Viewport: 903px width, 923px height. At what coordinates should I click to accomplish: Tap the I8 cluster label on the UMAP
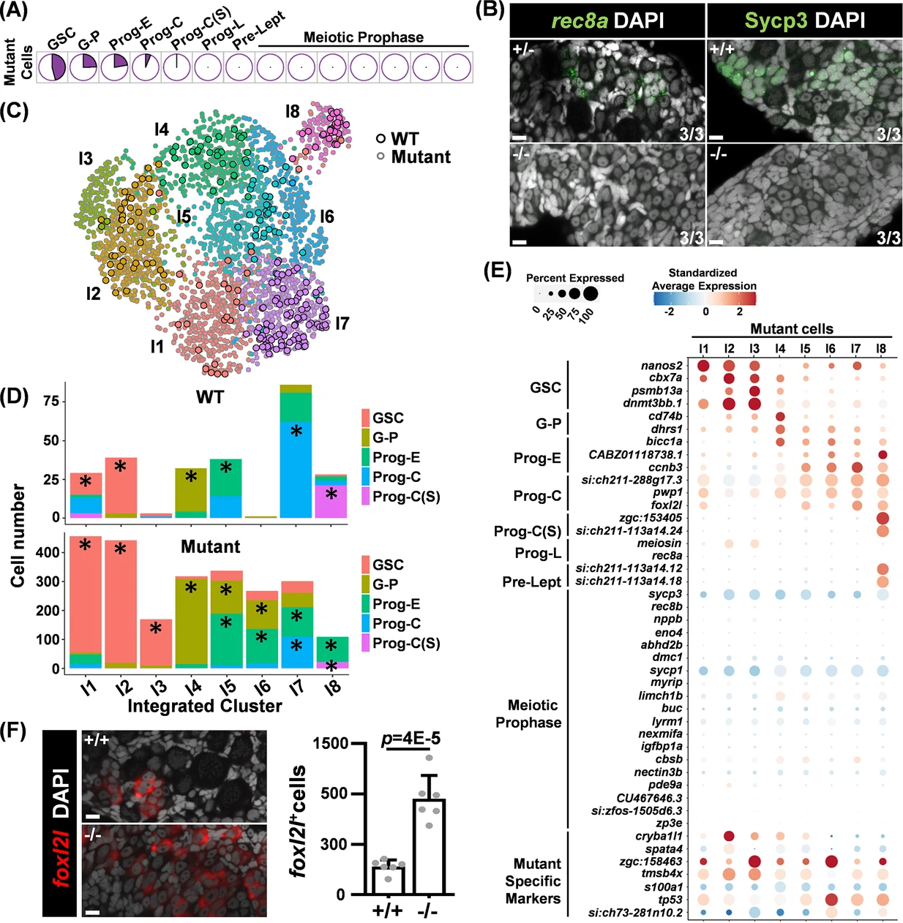[293, 111]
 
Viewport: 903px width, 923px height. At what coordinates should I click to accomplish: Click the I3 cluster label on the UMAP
[86, 158]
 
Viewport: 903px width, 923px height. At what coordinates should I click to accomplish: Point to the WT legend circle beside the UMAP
[381, 138]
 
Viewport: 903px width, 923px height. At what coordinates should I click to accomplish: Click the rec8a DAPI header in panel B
[607, 20]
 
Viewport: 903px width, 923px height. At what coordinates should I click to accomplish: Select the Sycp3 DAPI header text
[803, 20]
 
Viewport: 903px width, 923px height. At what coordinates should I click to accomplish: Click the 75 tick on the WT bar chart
[51, 401]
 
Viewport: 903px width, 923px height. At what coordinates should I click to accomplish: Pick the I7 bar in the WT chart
[296, 451]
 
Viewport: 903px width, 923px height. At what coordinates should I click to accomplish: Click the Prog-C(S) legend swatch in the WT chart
[366, 497]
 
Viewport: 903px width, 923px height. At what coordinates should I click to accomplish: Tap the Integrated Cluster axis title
[204, 706]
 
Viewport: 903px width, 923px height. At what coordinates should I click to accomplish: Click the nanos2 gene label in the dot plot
[662, 366]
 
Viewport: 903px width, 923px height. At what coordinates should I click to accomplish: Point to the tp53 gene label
[670, 900]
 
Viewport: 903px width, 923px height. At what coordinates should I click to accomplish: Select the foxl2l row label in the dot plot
[666, 505]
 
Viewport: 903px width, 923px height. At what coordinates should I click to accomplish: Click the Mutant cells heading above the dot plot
[792, 329]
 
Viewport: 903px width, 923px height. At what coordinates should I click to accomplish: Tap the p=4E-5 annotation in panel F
[411, 738]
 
